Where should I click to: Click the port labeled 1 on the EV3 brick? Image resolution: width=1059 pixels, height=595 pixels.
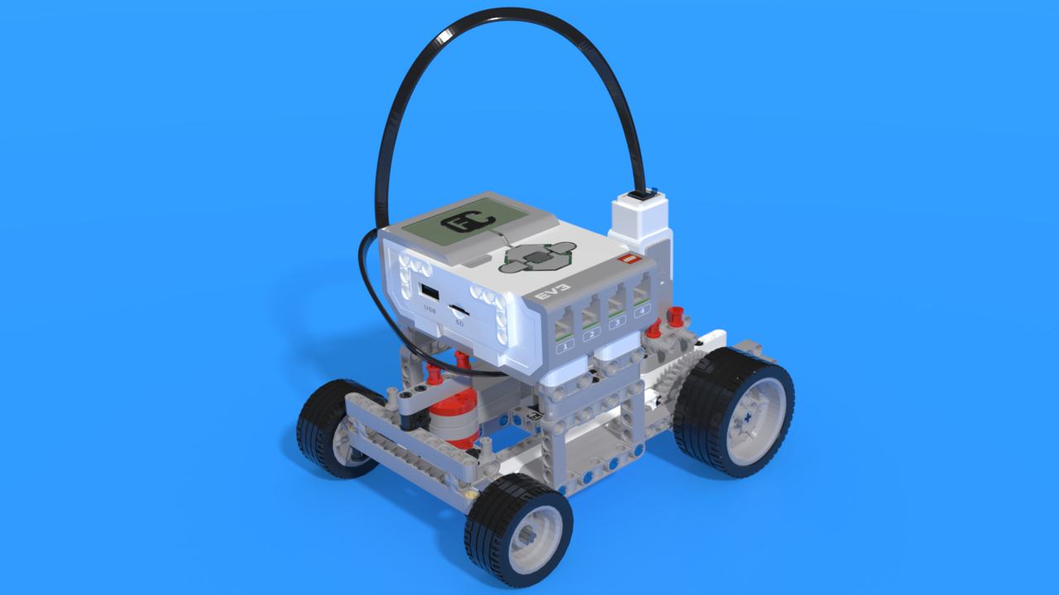click(563, 327)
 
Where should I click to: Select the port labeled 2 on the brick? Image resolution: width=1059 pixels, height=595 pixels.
click(590, 318)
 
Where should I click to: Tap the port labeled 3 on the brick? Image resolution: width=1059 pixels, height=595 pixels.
click(616, 308)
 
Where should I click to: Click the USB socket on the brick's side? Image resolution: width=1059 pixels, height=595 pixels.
click(429, 293)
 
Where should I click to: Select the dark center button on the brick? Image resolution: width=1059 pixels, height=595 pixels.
click(539, 259)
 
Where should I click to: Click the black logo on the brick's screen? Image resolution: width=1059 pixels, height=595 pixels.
click(467, 221)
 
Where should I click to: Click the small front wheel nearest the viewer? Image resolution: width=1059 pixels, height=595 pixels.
click(519, 530)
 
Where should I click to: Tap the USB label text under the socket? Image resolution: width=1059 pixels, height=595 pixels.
click(429, 310)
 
